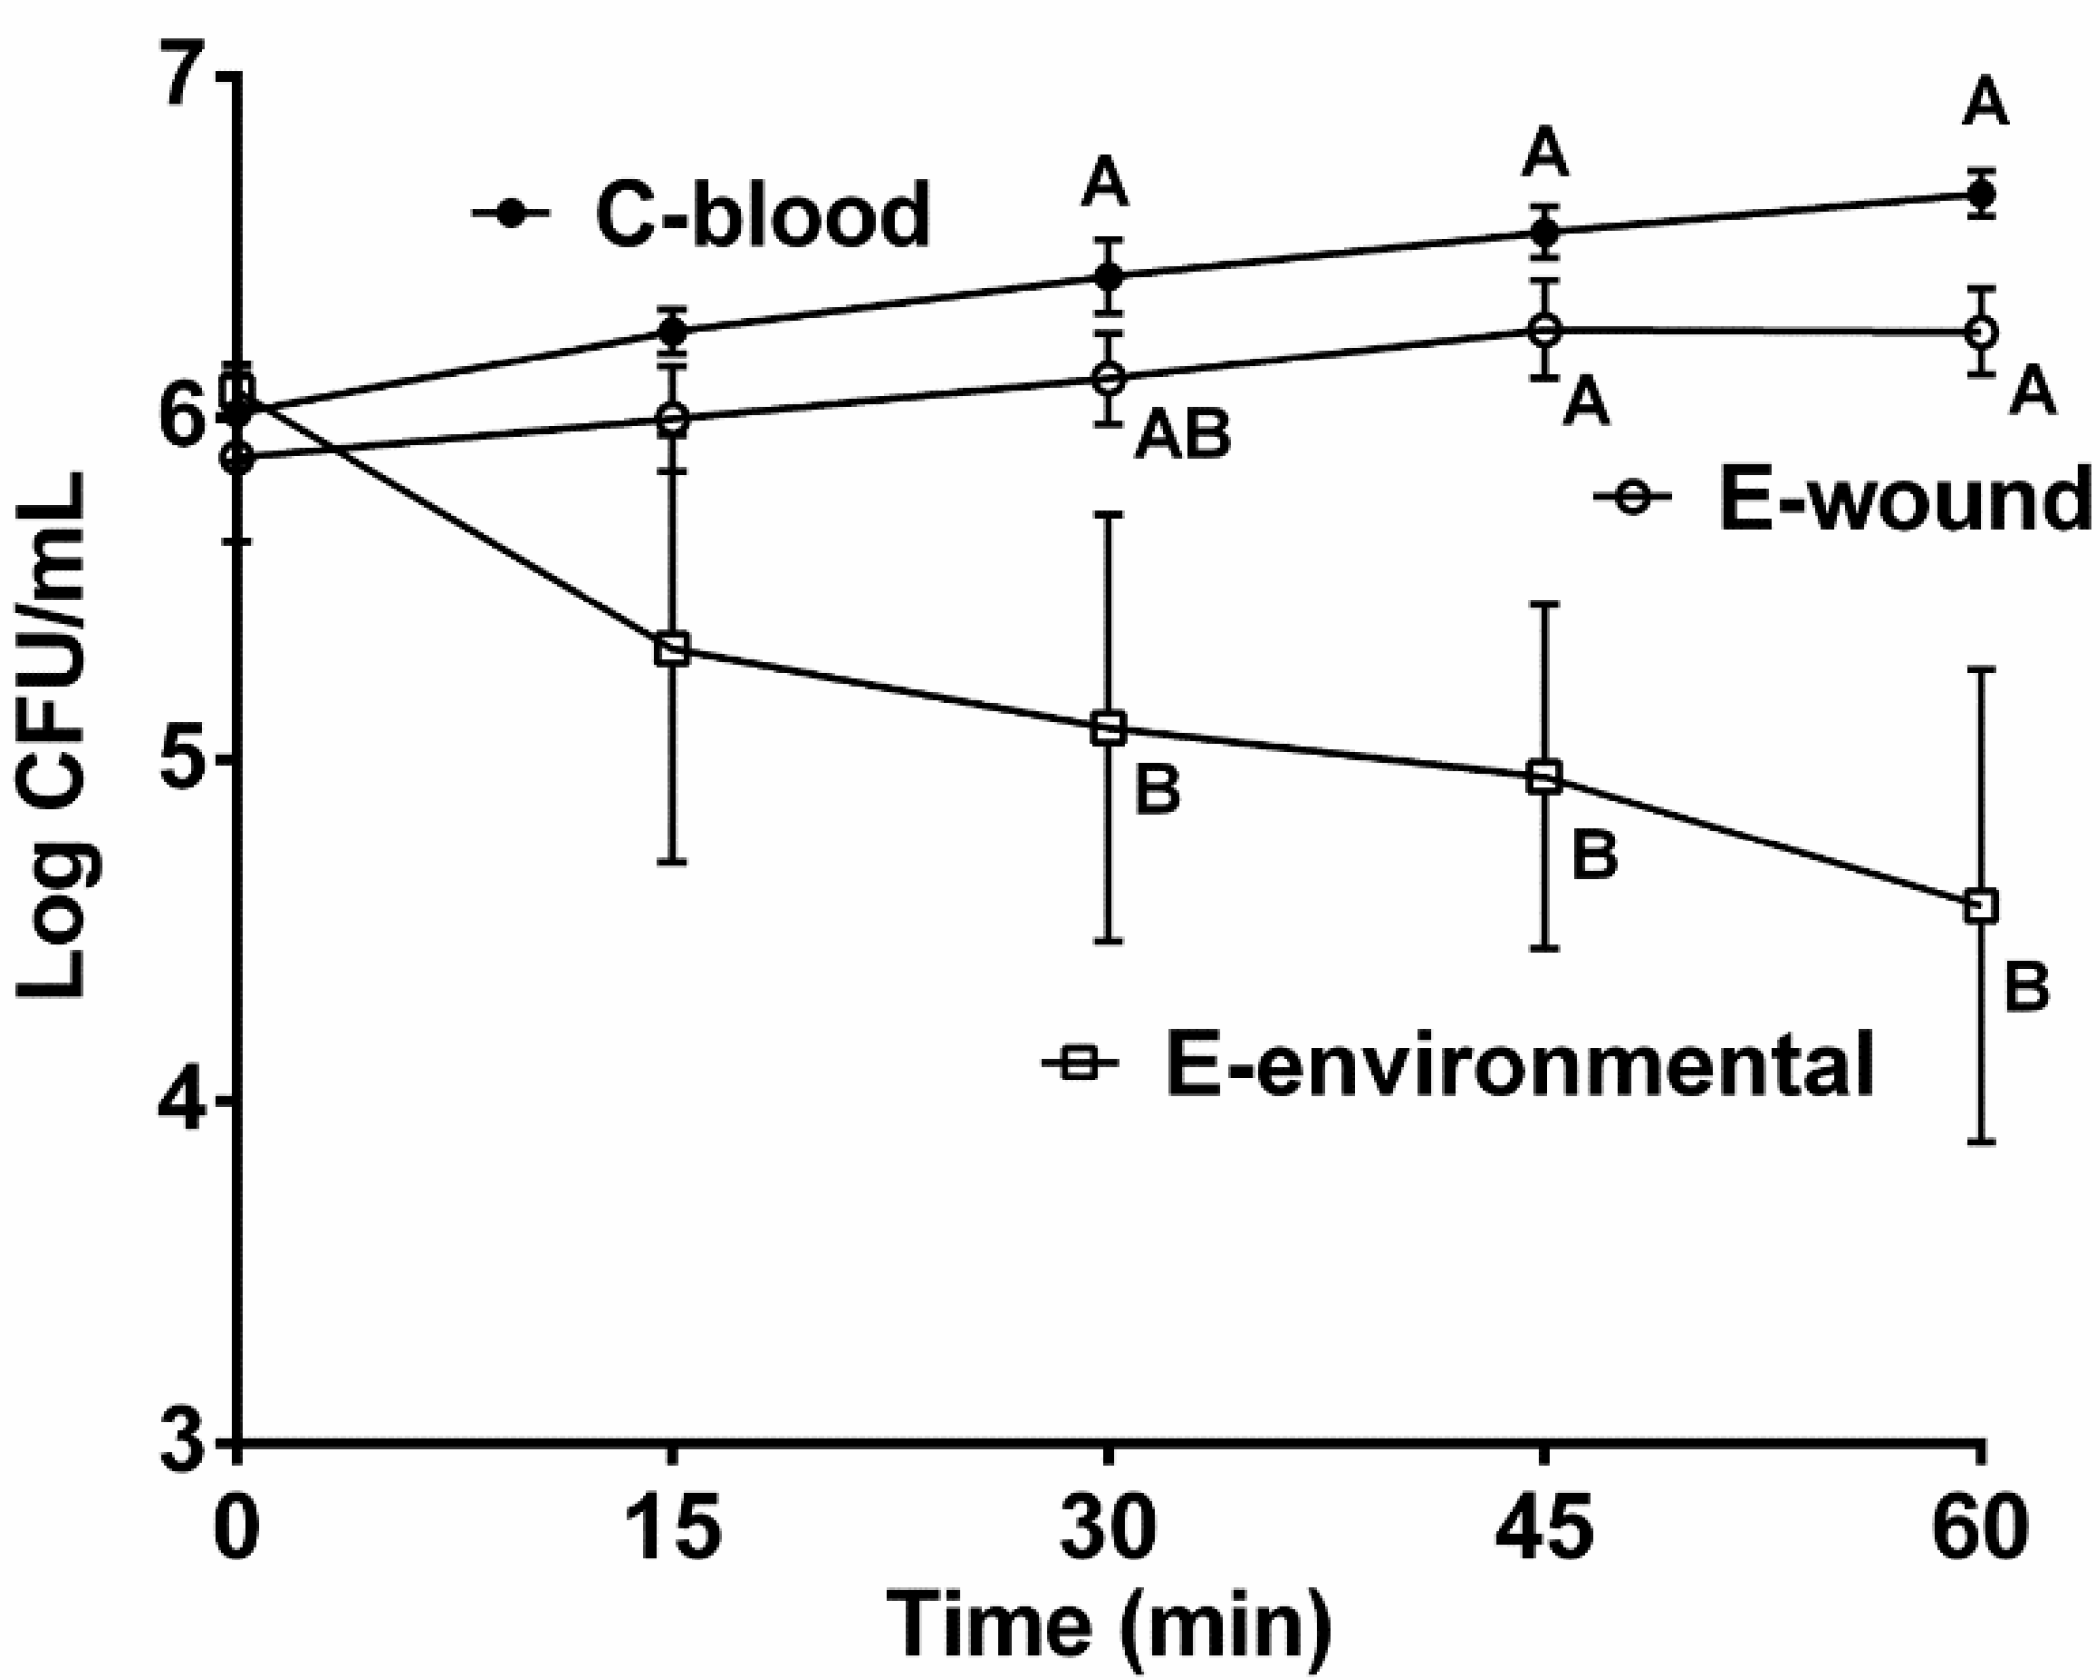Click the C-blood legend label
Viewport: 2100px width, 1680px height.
pyautogui.click(x=762, y=214)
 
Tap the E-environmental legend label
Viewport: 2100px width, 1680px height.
pyautogui.click(x=1518, y=1064)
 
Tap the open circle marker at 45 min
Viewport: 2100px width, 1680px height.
pyautogui.click(x=1544, y=330)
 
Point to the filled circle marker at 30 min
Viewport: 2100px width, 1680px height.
pyautogui.click(x=1108, y=276)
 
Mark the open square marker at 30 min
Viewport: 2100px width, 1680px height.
pyautogui.click(x=1108, y=729)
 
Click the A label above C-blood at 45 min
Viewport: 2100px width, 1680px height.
pyautogui.click(x=1544, y=156)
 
